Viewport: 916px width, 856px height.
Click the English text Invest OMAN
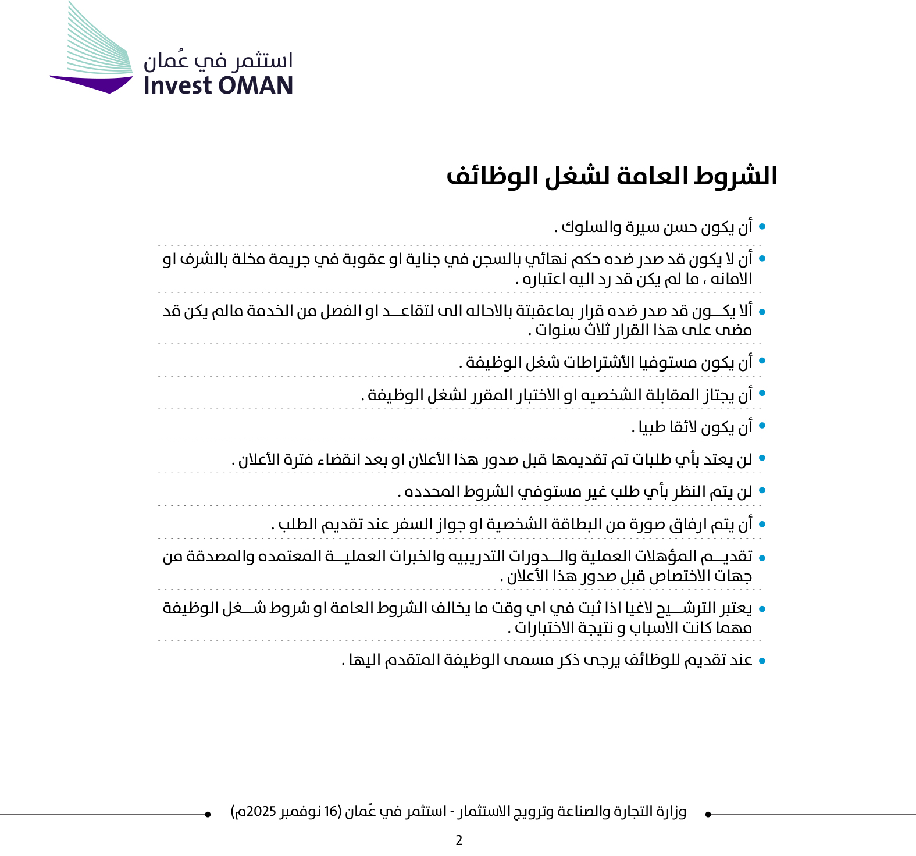[218, 85]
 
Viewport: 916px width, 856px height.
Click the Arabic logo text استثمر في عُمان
[218, 60]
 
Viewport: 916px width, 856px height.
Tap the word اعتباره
[544, 279]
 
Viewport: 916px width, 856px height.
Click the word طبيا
[651, 427]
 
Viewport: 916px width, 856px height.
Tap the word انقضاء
[337, 460]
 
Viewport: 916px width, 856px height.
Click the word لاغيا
[632, 608]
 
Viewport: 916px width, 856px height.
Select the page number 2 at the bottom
[459, 840]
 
